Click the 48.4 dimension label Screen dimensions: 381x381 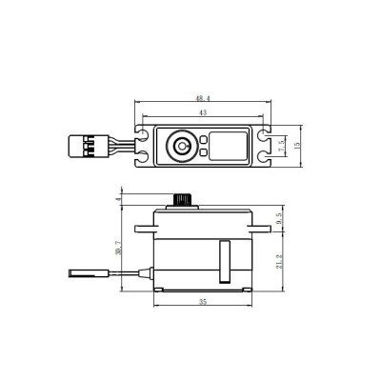point(202,97)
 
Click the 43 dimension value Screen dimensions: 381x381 point(202,112)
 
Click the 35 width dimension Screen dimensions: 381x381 point(202,302)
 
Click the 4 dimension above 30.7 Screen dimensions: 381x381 point(118,199)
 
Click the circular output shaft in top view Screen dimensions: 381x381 point(180,146)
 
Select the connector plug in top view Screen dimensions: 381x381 point(80,146)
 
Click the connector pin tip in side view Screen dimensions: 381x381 point(76,276)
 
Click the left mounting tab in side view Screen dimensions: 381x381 point(143,229)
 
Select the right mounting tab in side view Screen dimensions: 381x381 point(260,229)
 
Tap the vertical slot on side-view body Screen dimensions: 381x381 point(226,262)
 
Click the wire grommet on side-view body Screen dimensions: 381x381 point(151,274)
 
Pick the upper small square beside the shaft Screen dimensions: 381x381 point(203,139)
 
